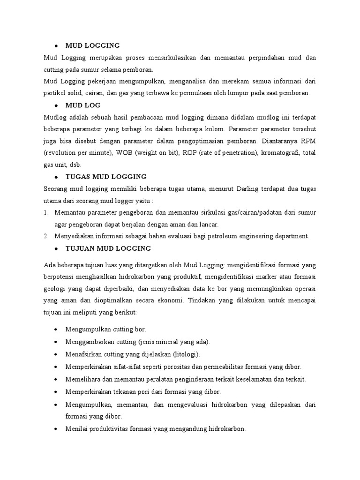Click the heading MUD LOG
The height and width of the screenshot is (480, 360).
point(83,105)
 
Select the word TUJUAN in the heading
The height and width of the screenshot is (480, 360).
point(79,248)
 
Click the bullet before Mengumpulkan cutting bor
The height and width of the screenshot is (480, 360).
point(56,330)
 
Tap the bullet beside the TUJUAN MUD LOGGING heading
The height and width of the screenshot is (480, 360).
point(56,248)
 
